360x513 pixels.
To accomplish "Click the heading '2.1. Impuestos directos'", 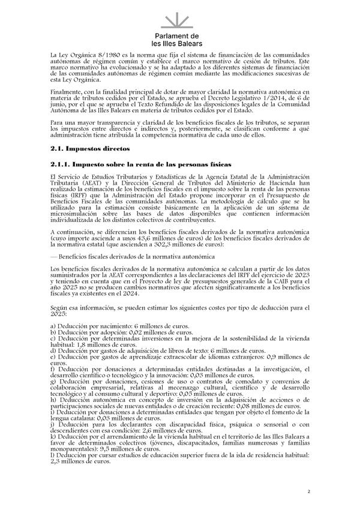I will click(86, 148).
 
